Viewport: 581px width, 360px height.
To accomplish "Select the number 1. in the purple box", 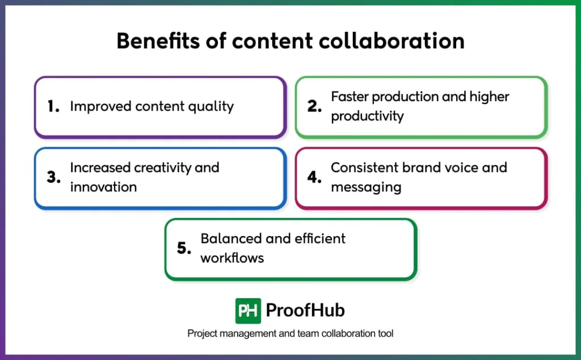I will click(x=53, y=106).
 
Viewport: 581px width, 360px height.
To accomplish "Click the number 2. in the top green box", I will click(x=315, y=106).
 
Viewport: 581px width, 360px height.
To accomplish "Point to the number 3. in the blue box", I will click(x=53, y=177).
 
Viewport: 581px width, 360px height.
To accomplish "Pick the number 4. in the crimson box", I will click(x=315, y=177).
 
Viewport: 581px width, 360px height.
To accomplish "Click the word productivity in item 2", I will click(x=367, y=116).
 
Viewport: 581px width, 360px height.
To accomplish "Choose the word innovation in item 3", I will click(x=103, y=187).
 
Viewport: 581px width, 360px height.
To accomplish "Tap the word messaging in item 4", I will click(x=366, y=187).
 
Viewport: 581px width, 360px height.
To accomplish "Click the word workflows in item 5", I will click(x=232, y=258).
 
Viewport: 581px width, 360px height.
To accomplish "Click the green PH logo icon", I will click(x=248, y=311).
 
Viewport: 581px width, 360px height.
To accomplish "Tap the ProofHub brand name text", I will click(x=305, y=311).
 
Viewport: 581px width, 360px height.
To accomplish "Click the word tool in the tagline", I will click(x=385, y=334).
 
